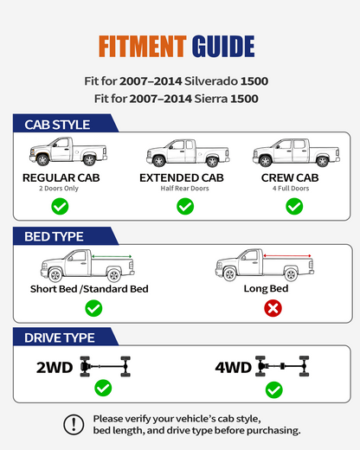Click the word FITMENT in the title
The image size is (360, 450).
[143, 46]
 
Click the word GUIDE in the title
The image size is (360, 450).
[223, 46]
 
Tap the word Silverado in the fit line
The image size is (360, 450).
[210, 81]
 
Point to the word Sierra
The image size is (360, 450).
[211, 99]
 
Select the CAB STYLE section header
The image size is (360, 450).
[57, 125]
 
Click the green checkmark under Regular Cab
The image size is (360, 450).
[60, 206]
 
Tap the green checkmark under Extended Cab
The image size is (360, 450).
[185, 206]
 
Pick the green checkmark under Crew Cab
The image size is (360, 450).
[294, 206]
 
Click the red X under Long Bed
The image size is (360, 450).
[273, 308]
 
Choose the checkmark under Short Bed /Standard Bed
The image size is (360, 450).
[93, 308]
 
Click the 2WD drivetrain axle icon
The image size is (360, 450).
[106, 367]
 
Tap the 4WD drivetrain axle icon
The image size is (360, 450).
[282, 366]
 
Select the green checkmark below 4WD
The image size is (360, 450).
[274, 390]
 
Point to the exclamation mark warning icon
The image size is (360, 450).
[74, 425]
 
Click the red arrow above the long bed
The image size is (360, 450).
[287, 256]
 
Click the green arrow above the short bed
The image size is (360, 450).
[112, 256]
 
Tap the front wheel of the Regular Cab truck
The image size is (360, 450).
[42, 159]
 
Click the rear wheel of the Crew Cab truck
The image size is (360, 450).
[322, 161]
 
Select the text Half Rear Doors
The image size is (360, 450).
[184, 189]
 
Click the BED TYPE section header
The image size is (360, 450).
[54, 237]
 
